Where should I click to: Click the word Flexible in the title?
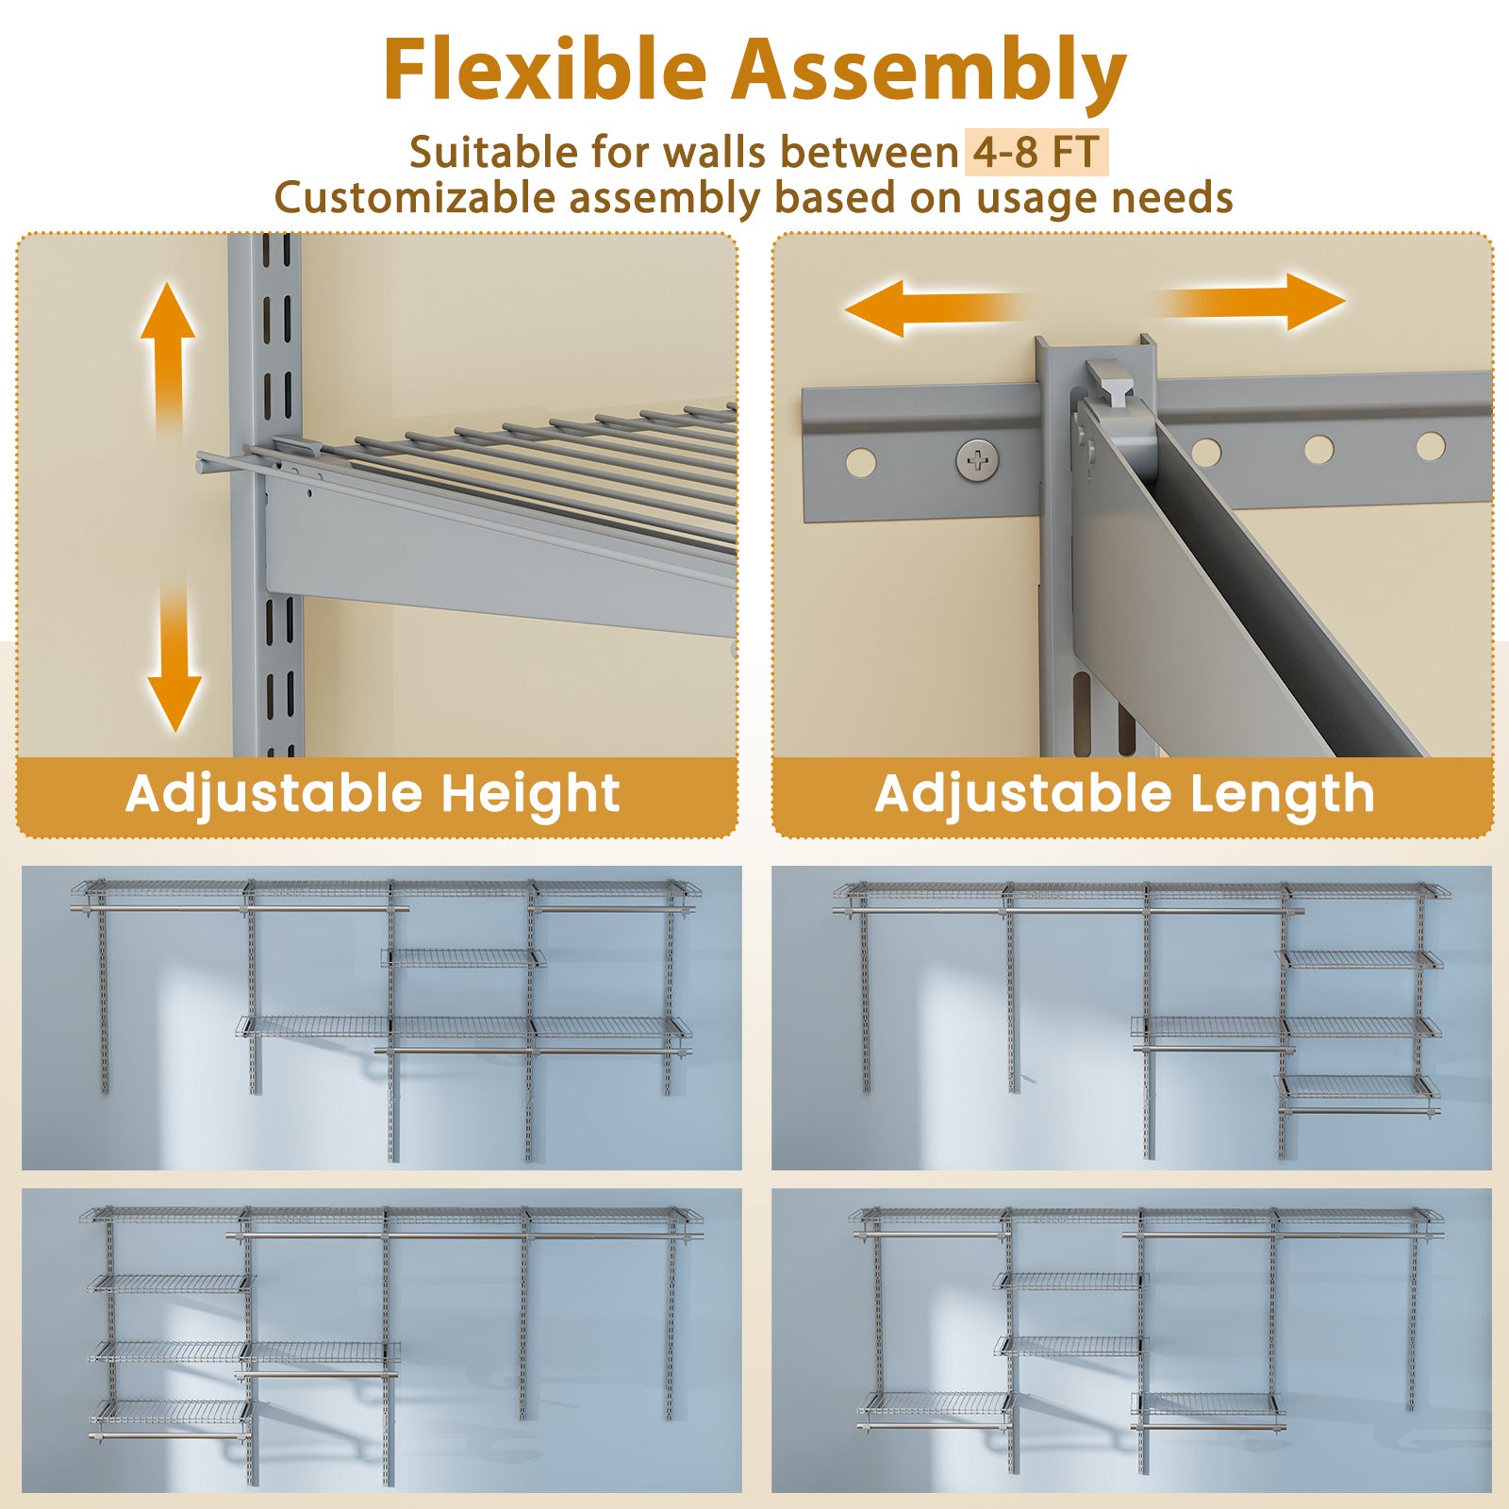(x=544, y=71)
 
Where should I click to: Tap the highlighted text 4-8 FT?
(x=1036, y=153)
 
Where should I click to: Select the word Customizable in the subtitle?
(x=416, y=198)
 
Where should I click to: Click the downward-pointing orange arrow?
(x=174, y=660)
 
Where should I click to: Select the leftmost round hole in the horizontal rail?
(x=860, y=463)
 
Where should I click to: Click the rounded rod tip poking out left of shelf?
(x=205, y=462)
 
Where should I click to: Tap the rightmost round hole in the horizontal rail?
(x=1431, y=446)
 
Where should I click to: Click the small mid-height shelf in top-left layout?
(x=463, y=958)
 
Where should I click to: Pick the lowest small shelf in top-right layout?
(x=1359, y=1086)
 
